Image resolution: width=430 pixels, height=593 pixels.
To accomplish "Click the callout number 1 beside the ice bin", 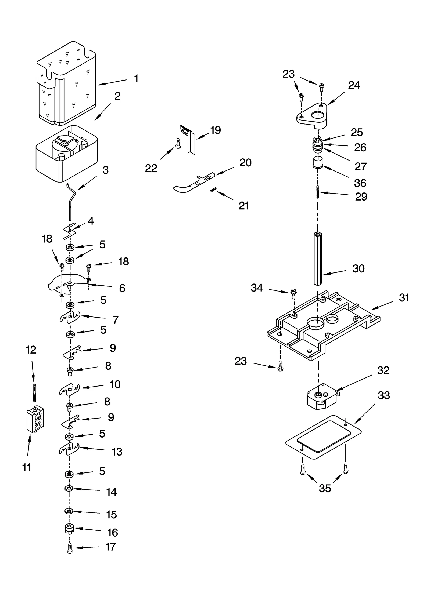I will click(x=136, y=79).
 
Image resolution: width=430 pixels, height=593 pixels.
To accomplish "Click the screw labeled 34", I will click(x=293, y=294).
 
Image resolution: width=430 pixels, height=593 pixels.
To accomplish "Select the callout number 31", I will click(x=404, y=298).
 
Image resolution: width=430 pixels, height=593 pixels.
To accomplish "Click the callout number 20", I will click(x=245, y=163).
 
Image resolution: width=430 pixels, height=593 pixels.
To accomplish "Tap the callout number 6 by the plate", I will click(x=122, y=288).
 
